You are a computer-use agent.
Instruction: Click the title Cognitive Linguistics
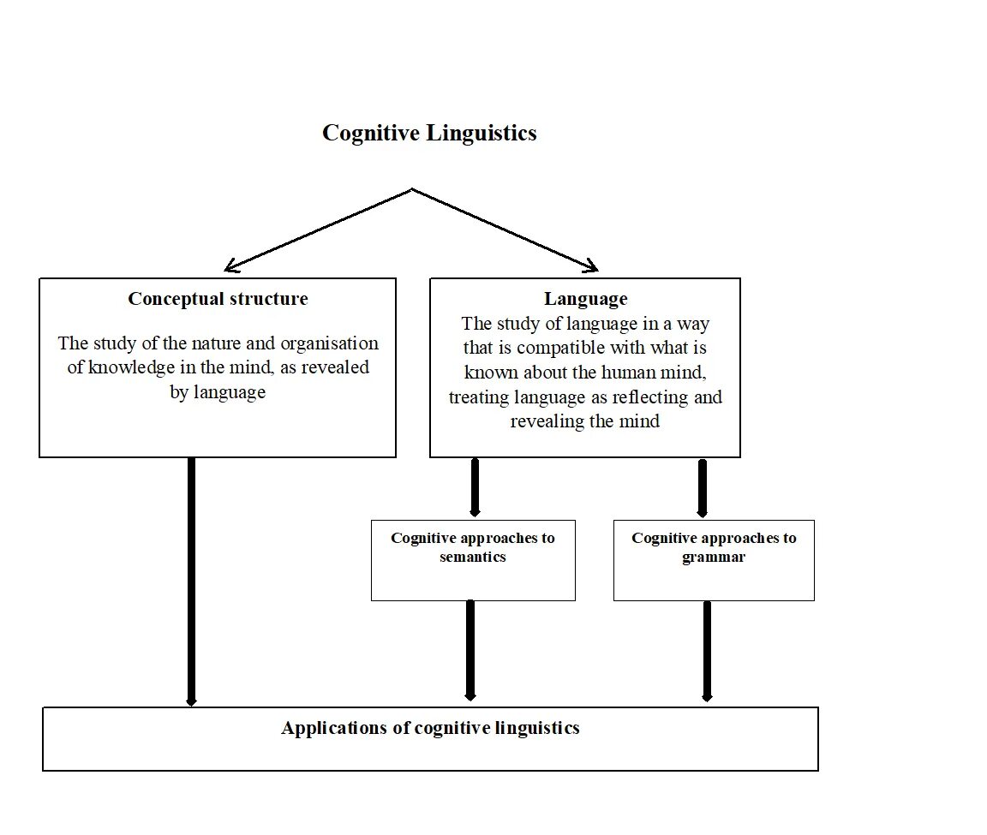click(x=429, y=133)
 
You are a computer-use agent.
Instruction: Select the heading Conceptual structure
click(x=218, y=299)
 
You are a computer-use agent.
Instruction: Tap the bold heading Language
click(x=585, y=299)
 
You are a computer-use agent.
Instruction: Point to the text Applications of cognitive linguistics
click(x=430, y=728)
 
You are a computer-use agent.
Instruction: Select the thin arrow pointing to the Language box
click(x=505, y=230)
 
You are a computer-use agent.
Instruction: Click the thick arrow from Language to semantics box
click(x=475, y=487)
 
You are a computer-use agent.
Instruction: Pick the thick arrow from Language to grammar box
click(x=703, y=487)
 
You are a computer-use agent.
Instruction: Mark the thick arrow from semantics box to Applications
click(x=470, y=650)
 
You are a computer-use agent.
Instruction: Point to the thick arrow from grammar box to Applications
click(x=707, y=650)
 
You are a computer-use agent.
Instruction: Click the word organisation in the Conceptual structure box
click(x=331, y=343)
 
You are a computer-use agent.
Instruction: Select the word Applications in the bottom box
click(x=335, y=728)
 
